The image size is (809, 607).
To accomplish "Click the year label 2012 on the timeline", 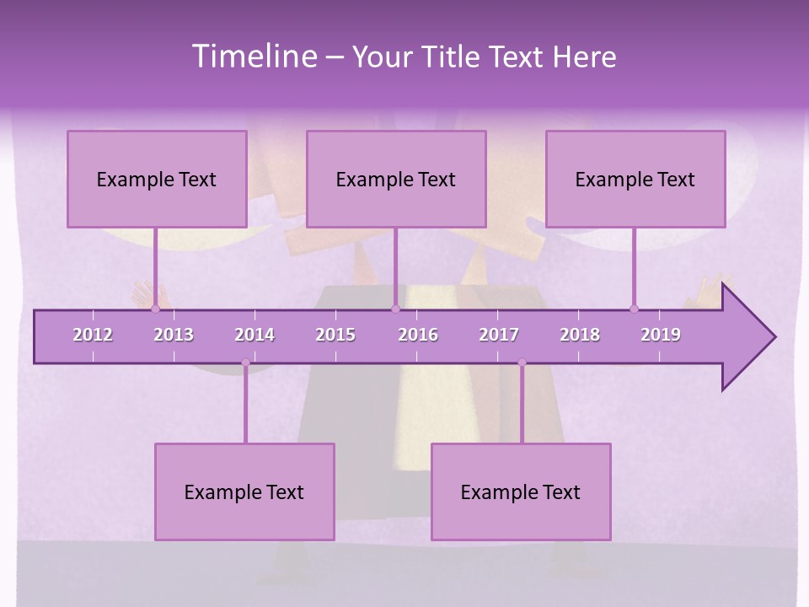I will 93,335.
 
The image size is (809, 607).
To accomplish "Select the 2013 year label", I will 174,335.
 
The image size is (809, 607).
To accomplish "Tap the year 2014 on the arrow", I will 254,335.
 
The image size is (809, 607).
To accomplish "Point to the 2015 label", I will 335,335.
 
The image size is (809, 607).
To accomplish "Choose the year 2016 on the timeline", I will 418,335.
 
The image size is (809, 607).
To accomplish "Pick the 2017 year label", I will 499,335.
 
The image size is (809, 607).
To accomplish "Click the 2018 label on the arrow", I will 580,335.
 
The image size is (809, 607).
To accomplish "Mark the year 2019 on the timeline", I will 661,335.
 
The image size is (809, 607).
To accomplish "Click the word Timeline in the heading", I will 254,56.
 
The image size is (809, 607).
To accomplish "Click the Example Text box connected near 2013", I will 157,179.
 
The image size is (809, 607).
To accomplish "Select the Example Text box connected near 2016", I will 396,179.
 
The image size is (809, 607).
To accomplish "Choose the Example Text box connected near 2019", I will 635,179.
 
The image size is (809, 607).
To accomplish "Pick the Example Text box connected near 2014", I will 244,492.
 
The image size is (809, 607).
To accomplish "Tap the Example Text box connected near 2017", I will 521,492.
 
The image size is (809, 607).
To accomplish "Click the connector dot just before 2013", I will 155,309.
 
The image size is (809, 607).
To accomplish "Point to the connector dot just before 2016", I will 395,309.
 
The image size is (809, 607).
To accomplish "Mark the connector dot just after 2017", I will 522,363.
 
